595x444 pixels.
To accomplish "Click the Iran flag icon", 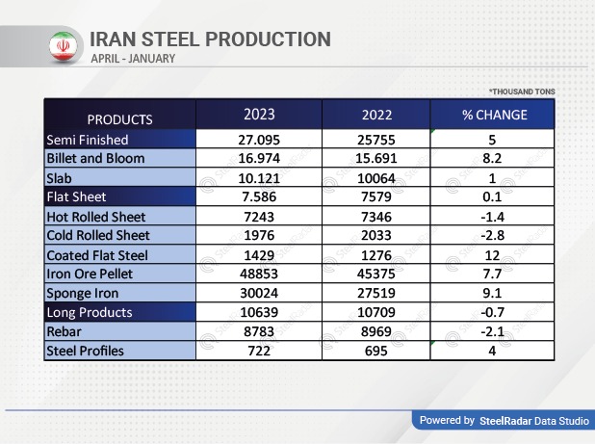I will [x=62, y=45].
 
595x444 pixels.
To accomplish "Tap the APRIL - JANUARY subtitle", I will [x=133, y=59].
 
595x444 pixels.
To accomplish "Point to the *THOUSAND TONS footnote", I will [x=521, y=91].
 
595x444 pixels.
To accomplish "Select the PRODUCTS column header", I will [x=119, y=119].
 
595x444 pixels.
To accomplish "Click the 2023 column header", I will [x=259, y=115].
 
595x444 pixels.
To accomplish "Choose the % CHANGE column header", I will [x=494, y=115].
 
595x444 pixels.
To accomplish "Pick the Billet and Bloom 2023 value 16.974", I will [x=259, y=158].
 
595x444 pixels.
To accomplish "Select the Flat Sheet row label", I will [x=77, y=196].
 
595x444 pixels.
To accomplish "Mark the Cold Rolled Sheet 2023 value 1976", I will [x=259, y=236].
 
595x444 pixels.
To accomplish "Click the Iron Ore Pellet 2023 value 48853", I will [x=259, y=274].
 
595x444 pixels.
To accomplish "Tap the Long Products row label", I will [x=90, y=312].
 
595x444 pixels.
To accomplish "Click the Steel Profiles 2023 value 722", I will [x=259, y=351].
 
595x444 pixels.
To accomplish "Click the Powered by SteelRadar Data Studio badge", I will [x=504, y=421].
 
